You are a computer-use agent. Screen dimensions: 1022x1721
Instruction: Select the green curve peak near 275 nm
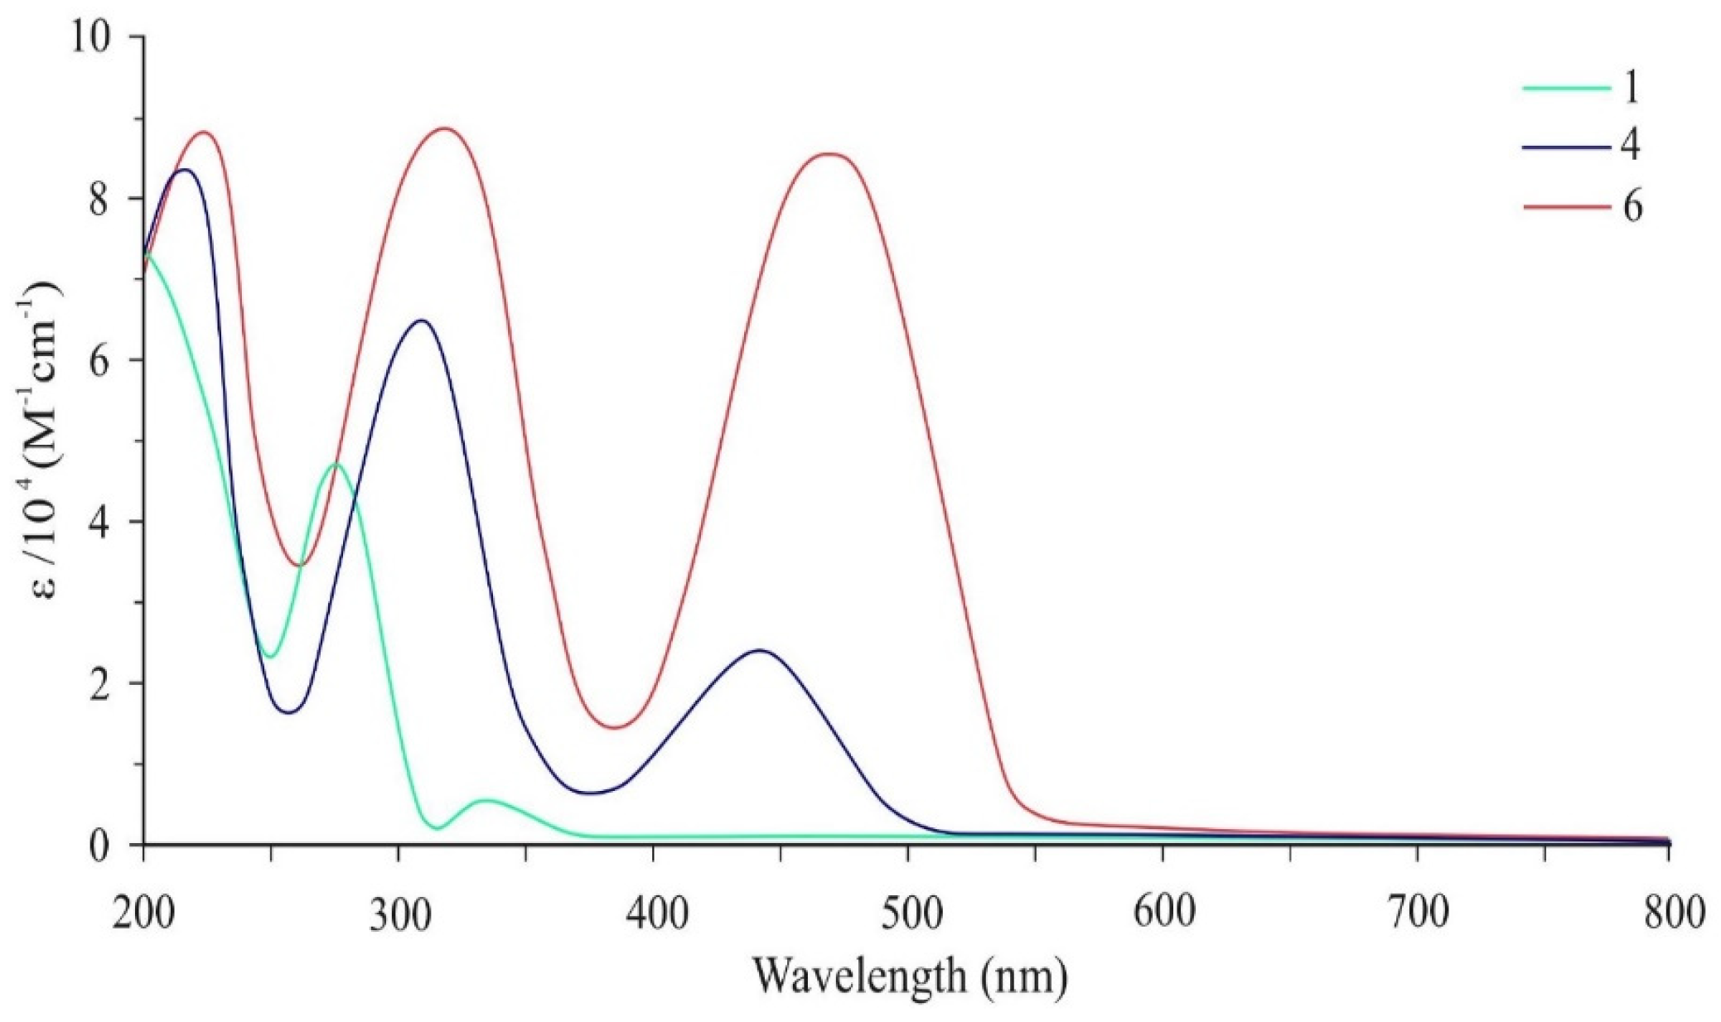(x=336, y=465)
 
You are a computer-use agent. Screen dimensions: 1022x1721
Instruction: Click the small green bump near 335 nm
(x=486, y=800)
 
